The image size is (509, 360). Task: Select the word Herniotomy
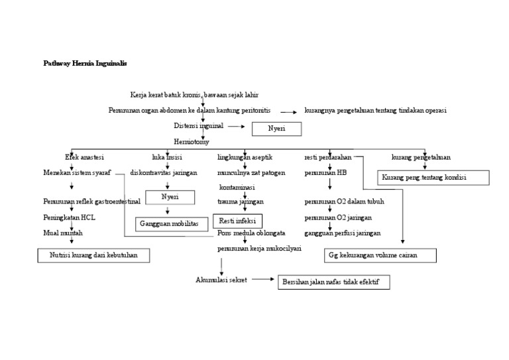click(191, 141)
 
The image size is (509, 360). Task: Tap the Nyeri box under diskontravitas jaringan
click(170, 197)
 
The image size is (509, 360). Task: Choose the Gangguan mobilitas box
click(169, 224)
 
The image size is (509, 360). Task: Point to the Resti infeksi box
click(237, 221)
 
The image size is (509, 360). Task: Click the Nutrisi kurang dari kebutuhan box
click(93, 255)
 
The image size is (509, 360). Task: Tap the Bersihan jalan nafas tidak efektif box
click(333, 282)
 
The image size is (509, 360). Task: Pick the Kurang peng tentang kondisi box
click(433, 178)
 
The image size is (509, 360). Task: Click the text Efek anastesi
click(84, 157)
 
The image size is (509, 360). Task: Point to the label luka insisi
click(167, 157)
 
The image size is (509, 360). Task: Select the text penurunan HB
click(325, 173)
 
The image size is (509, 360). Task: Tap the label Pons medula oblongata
click(251, 233)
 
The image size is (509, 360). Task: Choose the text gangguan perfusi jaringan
click(342, 233)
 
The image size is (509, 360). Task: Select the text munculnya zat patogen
click(251, 173)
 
